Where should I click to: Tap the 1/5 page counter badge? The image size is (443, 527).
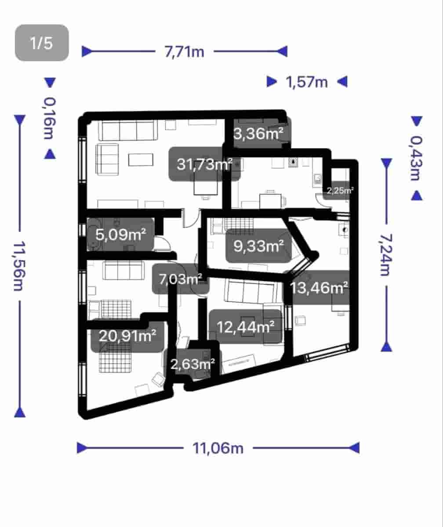click(42, 43)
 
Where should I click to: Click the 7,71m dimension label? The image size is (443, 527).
click(185, 52)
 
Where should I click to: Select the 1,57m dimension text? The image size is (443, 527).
click(307, 82)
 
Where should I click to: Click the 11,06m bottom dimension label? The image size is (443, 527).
click(218, 448)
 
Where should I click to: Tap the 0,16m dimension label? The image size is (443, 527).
click(50, 118)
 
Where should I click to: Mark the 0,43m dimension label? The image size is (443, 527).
click(416, 158)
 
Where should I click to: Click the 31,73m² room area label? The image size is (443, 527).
click(204, 165)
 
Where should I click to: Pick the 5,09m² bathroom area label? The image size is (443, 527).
click(120, 235)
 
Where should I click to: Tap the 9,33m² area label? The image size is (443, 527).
click(258, 246)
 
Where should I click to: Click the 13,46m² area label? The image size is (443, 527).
click(320, 288)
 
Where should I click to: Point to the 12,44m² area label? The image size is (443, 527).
click(246, 327)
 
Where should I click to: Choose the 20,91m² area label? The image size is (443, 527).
click(127, 336)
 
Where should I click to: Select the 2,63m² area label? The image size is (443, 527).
click(192, 364)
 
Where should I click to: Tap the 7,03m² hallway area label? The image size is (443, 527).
click(181, 279)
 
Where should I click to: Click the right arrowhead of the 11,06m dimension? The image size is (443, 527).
click(354, 448)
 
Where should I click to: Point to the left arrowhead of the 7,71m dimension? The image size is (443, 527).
click(87, 52)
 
